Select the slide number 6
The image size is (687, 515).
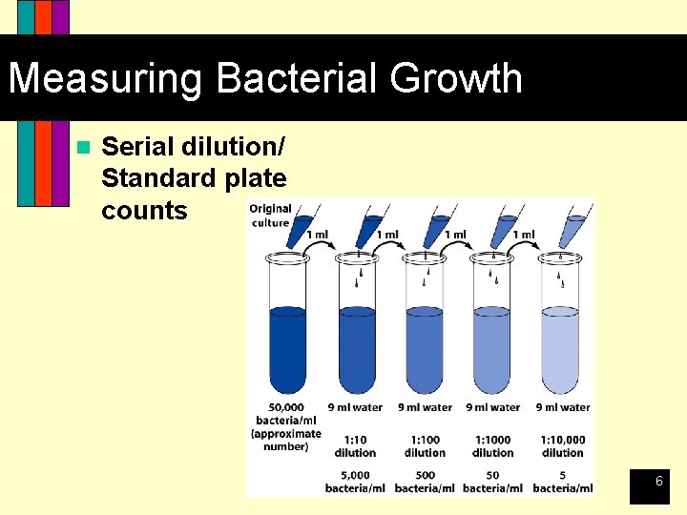(x=658, y=483)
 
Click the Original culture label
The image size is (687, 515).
(x=270, y=216)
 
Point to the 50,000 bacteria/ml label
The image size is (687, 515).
(x=285, y=426)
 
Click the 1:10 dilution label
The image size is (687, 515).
(x=355, y=445)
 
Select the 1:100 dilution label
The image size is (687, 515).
(x=425, y=445)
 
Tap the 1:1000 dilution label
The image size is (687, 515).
(x=493, y=445)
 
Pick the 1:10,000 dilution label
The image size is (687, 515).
(x=562, y=445)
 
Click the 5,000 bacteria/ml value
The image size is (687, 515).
(x=355, y=482)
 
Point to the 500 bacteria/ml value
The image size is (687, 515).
(x=425, y=482)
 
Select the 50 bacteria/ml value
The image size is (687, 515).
(x=493, y=482)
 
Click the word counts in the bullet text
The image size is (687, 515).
(x=144, y=210)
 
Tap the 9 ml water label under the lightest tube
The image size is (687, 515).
(x=562, y=407)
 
